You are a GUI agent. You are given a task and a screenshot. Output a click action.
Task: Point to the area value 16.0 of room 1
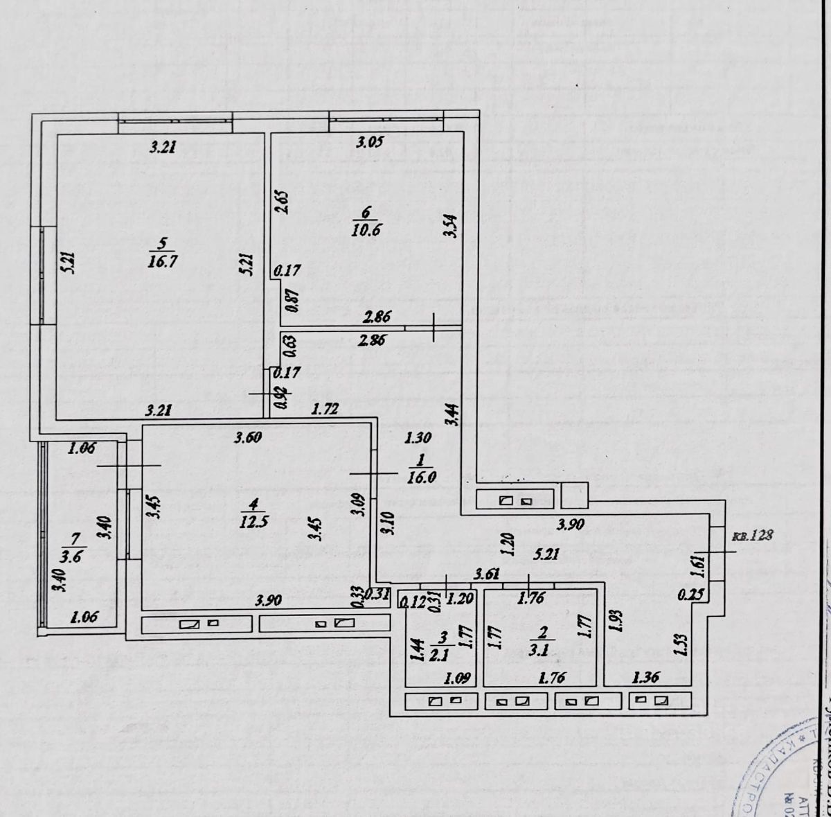pyautogui.click(x=420, y=477)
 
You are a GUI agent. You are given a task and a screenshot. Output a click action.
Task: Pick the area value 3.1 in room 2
pyautogui.click(x=543, y=651)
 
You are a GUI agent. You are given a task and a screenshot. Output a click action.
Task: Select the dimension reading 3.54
pyautogui.click(x=450, y=227)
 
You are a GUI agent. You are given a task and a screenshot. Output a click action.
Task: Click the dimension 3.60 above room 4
pyautogui.click(x=248, y=437)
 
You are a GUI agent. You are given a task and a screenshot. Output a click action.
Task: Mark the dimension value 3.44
pyautogui.click(x=451, y=414)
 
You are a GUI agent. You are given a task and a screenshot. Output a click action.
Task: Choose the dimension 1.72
pyautogui.click(x=324, y=409)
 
